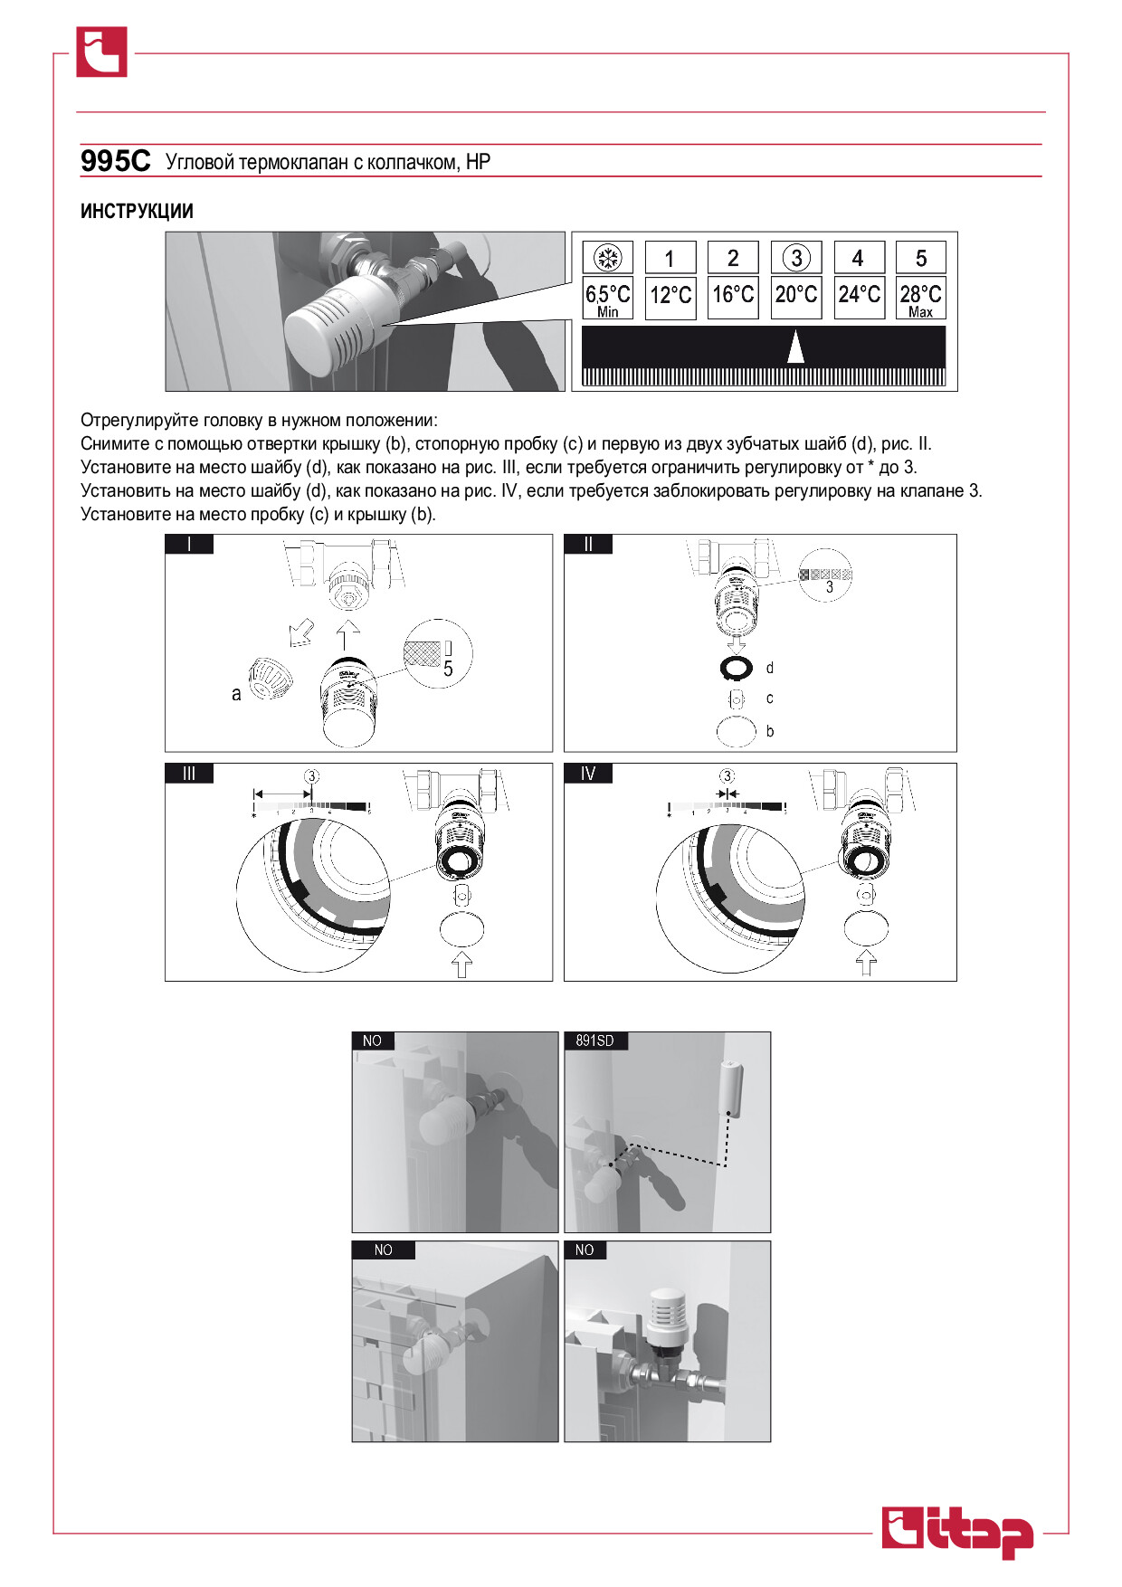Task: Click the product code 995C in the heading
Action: coord(115,161)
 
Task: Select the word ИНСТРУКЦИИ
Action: coord(137,211)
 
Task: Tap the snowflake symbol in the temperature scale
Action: coord(608,258)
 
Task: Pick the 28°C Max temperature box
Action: coord(921,298)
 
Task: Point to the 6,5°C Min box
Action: coord(607,298)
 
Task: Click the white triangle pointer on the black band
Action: coord(795,347)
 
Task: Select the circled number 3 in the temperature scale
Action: coord(796,258)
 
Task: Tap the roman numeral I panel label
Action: coord(189,544)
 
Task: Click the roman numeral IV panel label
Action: coord(588,773)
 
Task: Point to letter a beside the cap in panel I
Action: coord(236,694)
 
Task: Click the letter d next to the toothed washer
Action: coord(770,668)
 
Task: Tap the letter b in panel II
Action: coord(770,731)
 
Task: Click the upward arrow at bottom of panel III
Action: coord(461,964)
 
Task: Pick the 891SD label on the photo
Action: coord(594,1041)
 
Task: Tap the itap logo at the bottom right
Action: coord(957,1532)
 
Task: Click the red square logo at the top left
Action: coord(101,52)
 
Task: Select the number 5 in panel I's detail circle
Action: coord(448,670)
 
